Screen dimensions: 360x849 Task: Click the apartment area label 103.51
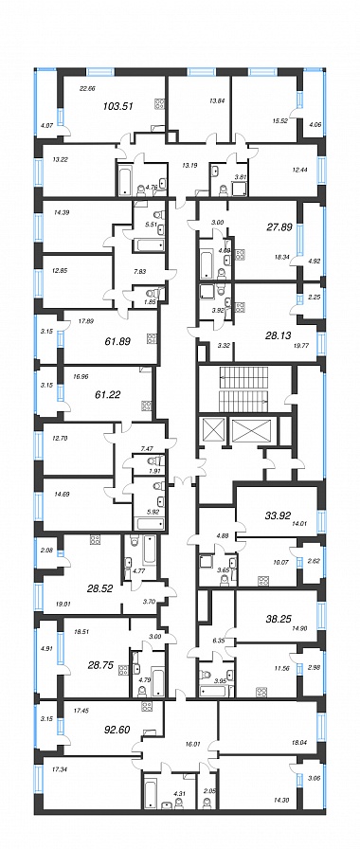117,107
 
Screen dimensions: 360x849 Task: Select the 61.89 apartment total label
117,342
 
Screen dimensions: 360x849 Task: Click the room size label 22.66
87,89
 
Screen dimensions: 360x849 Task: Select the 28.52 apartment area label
99,588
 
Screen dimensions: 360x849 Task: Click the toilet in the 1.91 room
156,461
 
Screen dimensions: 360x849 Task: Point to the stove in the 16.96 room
146,405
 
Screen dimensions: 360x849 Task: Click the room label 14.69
63,494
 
